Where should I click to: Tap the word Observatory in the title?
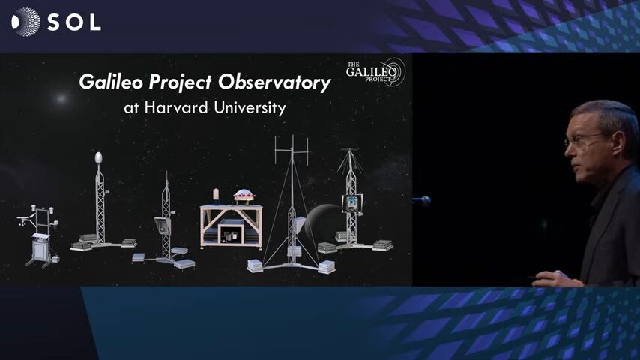[274, 82]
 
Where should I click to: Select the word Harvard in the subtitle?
[176, 107]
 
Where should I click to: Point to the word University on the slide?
[250, 108]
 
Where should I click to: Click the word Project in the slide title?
[181, 82]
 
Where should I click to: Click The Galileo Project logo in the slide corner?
[375, 72]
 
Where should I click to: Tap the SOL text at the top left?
[74, 22]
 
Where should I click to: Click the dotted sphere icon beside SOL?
[25, 22]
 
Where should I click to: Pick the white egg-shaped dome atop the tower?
[98, 157]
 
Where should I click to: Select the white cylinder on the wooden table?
[216, 194]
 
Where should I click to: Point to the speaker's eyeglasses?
[584, 139]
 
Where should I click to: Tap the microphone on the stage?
[422, 201]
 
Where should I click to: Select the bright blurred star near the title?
[61, 98]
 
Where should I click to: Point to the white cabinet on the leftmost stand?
[40, 247]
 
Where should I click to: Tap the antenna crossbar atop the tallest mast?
[292, 151]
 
